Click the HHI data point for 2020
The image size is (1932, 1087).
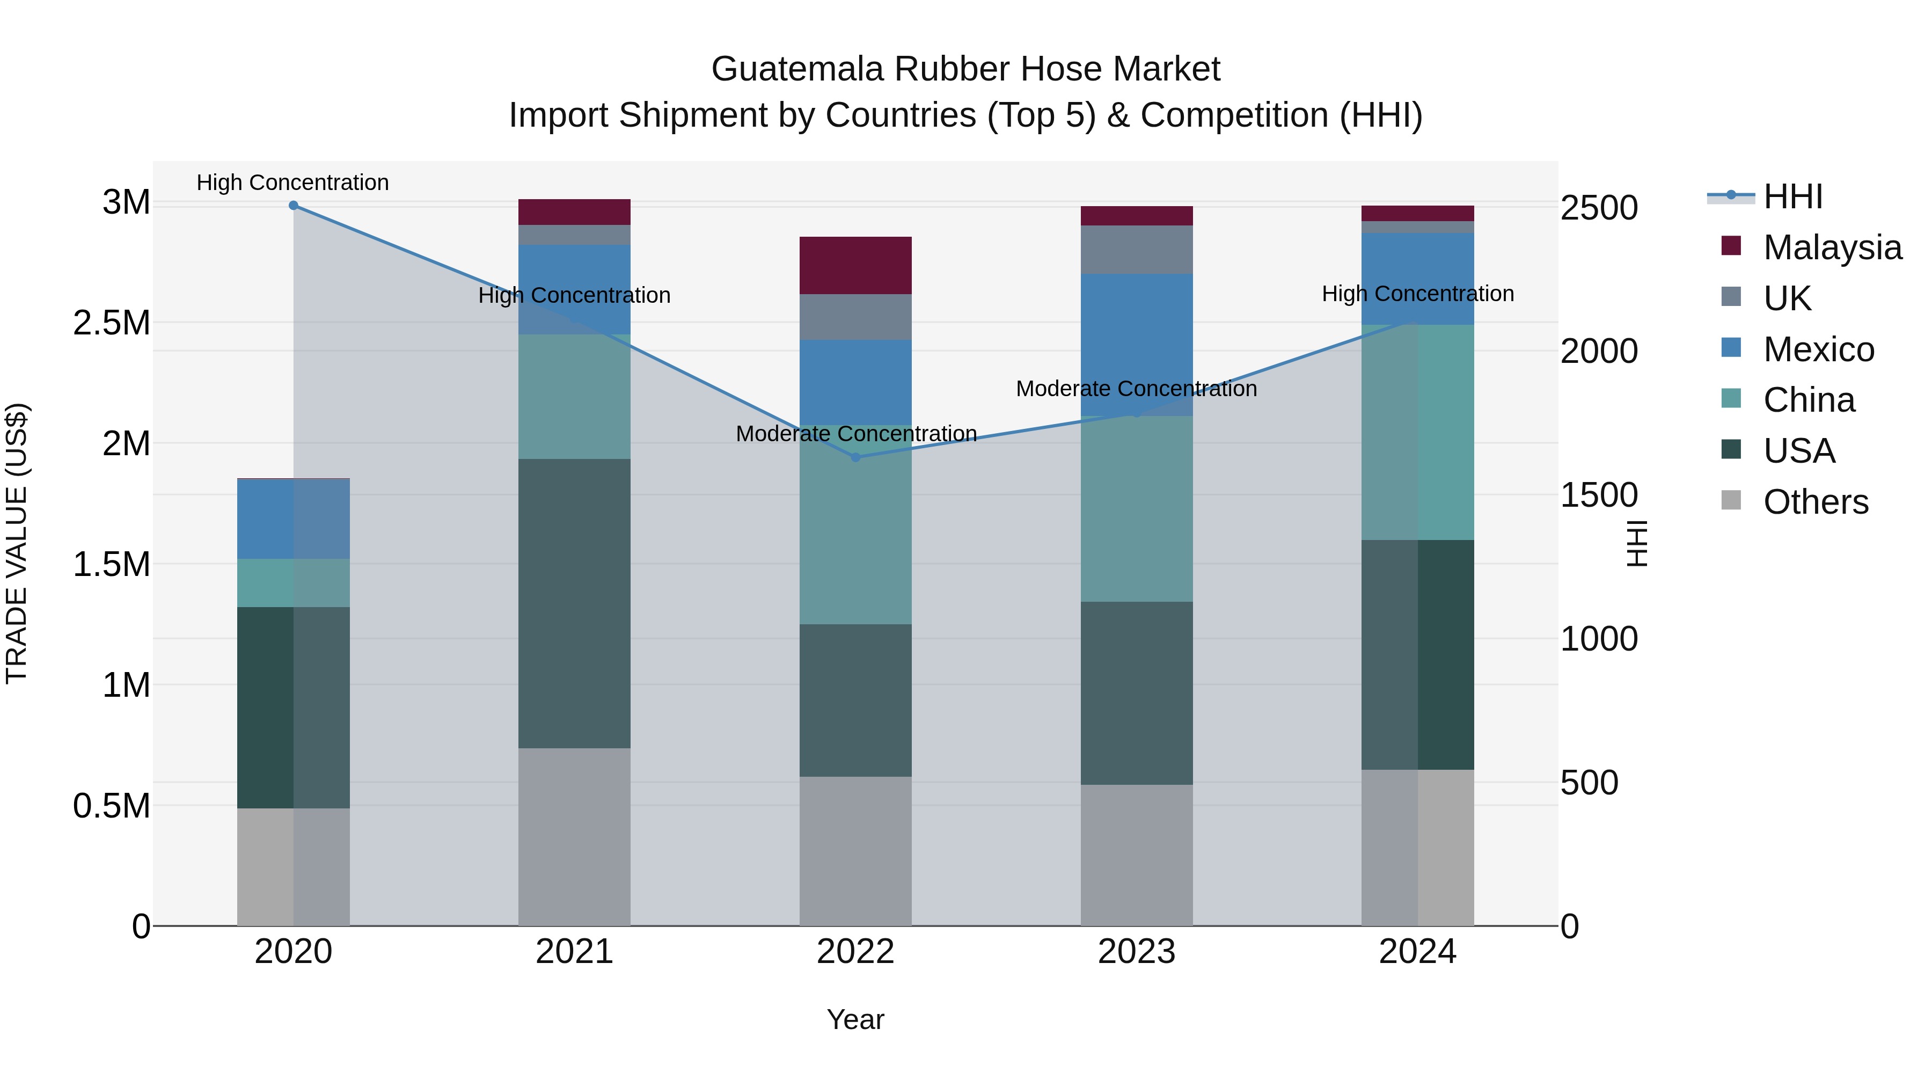point(293,206)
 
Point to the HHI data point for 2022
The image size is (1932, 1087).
point(856,457)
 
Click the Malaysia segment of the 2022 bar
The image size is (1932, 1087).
point(856,266)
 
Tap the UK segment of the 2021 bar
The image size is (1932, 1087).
point(574,235)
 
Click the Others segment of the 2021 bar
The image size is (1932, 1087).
point(574,836)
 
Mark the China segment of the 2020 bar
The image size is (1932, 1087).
point(293,583)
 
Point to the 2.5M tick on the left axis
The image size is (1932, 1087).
point(112,323)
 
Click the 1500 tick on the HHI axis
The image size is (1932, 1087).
point(1599,495)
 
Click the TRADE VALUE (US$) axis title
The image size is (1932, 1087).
point(17,543)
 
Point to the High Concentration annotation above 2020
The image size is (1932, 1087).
point(292,183)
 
